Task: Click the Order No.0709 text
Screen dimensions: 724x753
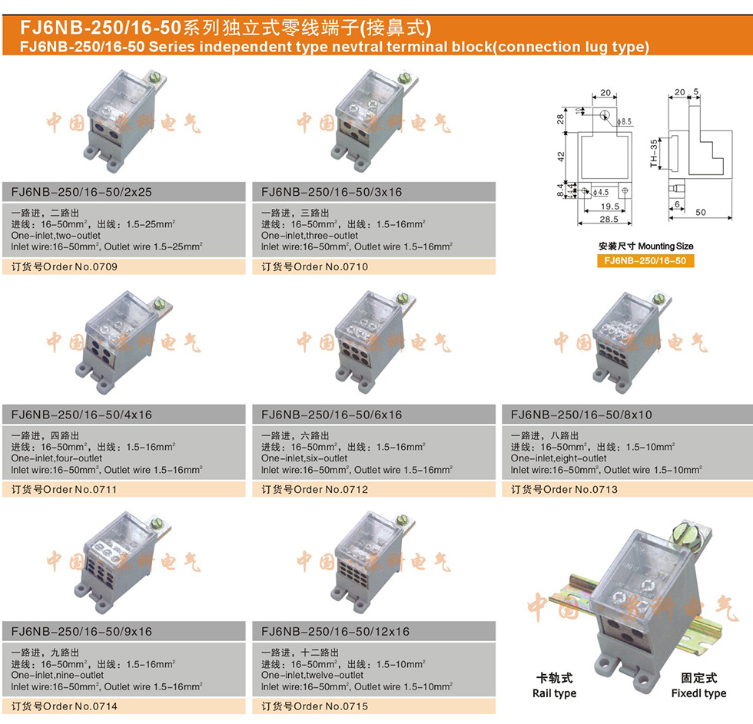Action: point(65,267)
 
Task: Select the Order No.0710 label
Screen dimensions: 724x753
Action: point(315,267)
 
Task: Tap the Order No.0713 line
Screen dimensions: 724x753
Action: point(565,489)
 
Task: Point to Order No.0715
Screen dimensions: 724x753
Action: point(315,706)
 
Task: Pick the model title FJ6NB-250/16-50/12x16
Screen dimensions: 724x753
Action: point(336,632)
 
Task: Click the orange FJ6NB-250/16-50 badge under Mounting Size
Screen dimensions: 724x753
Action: point(645,261)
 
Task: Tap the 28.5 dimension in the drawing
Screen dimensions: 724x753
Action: point(609,220)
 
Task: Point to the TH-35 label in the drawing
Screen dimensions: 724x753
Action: point(654,154)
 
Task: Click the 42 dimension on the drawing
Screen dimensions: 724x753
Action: point(561,156)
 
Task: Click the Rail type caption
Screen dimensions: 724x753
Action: point(554,693)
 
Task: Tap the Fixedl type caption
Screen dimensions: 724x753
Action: point(698,693)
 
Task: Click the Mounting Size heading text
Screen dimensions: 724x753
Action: point(645,246)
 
